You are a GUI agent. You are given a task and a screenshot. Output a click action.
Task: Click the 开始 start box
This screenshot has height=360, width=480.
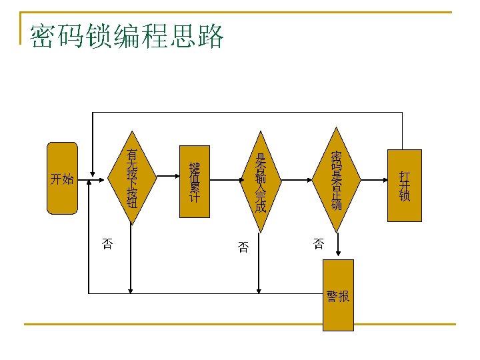62,178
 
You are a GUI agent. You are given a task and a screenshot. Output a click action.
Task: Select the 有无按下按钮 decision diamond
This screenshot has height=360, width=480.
132,178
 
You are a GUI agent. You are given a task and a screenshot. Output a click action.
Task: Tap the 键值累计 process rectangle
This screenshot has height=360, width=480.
195,181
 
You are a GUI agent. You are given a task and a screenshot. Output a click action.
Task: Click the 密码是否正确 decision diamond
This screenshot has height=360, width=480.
336,179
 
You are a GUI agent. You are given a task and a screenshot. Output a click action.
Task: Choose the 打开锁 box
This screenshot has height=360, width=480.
404,186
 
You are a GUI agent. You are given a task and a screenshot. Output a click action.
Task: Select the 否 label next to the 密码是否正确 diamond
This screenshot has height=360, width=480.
319,244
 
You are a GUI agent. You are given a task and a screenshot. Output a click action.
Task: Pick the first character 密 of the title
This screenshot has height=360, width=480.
42,37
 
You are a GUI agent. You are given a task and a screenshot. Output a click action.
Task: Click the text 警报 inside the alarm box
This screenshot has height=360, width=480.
338,296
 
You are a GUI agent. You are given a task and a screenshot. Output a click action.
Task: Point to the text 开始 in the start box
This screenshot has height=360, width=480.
62,179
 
